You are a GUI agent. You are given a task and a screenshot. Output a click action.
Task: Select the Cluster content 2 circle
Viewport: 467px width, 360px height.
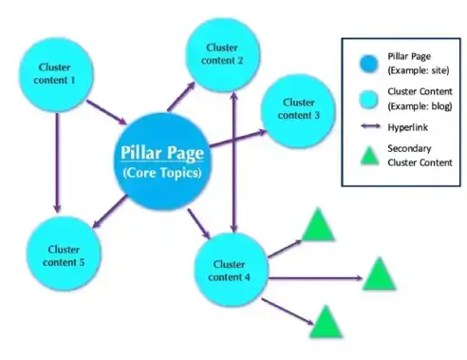(x=223, y=53)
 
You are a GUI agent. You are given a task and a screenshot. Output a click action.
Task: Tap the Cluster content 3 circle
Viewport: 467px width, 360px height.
(x=298, y=108)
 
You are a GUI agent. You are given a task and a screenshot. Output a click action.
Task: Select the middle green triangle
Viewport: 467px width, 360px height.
(x=378, y=275)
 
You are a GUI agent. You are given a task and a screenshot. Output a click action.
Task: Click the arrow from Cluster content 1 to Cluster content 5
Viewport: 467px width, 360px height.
(x=58, y=161)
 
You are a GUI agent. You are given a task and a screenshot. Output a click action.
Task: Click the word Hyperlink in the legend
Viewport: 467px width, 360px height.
(x=409, y=125)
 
